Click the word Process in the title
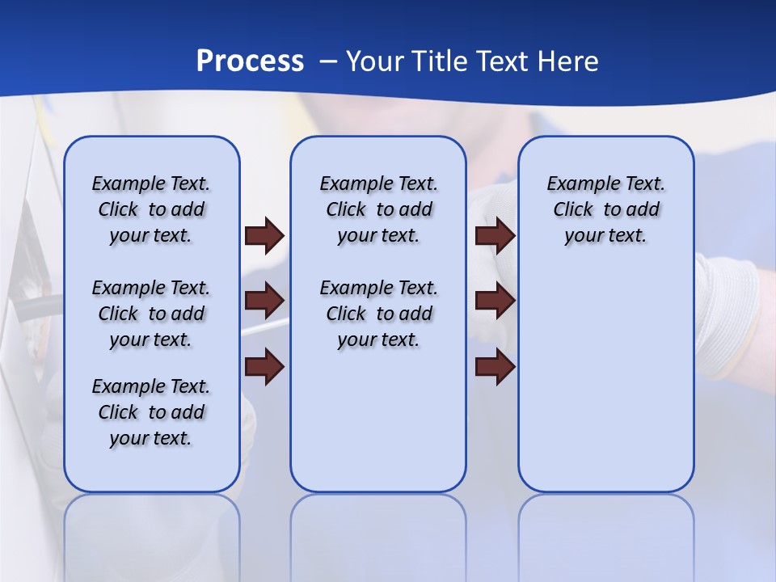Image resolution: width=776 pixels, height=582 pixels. click(x=250, y=61)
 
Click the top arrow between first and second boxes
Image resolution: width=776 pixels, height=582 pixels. click(x=264, y=235)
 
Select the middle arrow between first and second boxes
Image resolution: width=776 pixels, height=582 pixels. click(x=264, y=301)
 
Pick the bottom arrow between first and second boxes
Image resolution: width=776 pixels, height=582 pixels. click(x=264, y=366)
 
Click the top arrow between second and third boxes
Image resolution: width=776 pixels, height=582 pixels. click(x=496, y=235)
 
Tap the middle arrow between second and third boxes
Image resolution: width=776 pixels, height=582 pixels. click(x=496, y=301)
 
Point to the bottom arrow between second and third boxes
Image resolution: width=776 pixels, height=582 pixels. click(x=496, y=366)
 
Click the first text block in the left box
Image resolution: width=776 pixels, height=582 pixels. click(x=151, y=209)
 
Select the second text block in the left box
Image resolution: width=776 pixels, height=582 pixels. click(x=151, y=314)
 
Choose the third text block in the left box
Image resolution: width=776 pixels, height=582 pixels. click(x=151, y=412)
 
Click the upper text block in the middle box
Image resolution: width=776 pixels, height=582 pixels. click(x=378, y=209)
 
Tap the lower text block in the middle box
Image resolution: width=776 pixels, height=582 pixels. click(x=378, y=314)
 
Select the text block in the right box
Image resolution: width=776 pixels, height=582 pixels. click(x=605, y=209)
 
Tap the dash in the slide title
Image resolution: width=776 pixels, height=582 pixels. click(x=327, y=61)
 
